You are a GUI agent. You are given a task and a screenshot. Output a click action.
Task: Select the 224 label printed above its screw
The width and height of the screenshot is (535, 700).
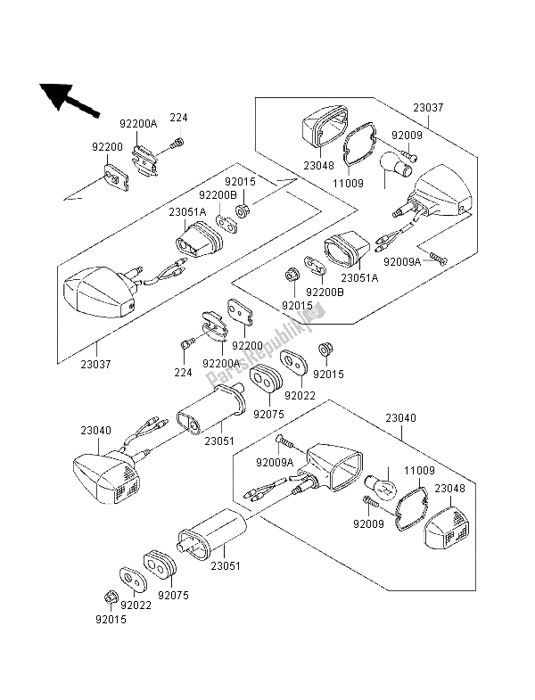point(179,117)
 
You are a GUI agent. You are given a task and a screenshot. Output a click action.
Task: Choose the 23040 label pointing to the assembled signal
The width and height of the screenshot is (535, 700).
point(95,430)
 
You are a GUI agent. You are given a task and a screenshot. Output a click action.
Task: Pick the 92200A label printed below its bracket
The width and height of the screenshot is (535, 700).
point(221,364)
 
